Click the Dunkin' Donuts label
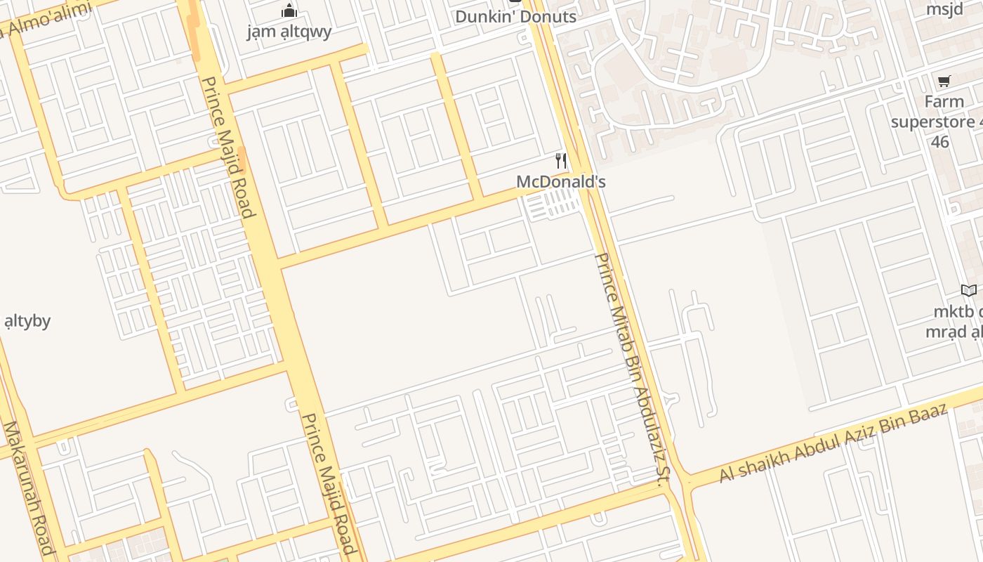coord(515,16)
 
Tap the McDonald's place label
coord(560,182)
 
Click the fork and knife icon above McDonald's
coord(560,161)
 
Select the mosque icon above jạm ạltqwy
coord(289,11)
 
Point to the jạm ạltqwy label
coord(289,32)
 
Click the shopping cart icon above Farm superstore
coord(944,81)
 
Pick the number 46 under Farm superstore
coord(940,142)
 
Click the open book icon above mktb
coord(968,290)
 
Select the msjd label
coord(944,9)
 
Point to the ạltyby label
coord(27,322)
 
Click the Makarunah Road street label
coord(28,488)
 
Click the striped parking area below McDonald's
coord(554,205)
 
